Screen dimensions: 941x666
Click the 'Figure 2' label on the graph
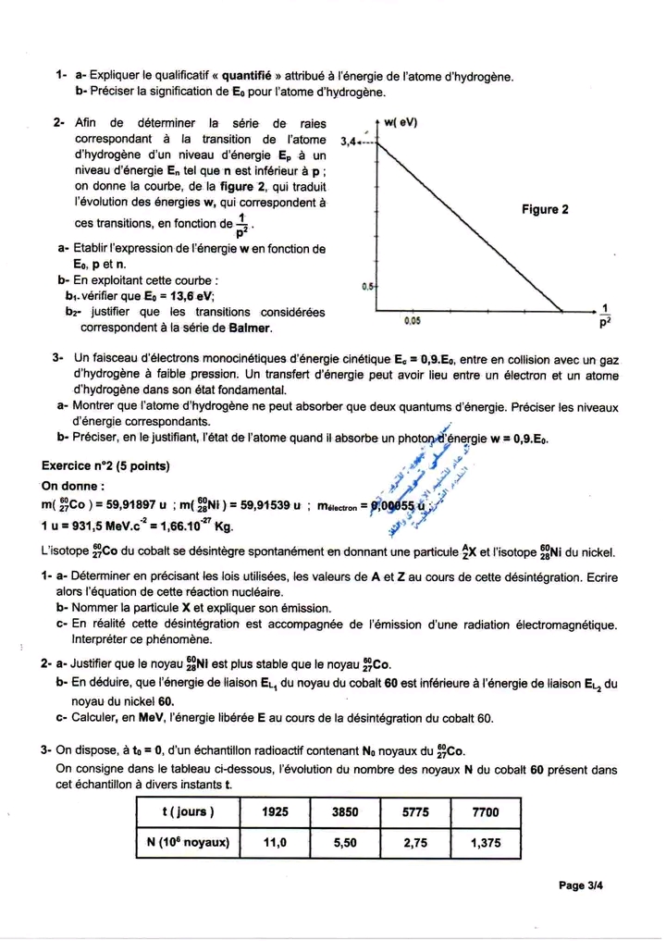[x=545, y=209]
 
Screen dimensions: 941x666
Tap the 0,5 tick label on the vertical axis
[x=367, y=286]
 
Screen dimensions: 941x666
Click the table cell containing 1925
[x=275, y=811]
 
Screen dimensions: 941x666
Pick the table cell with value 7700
[x=485, y=811]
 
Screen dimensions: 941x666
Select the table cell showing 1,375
[x=485, y=843]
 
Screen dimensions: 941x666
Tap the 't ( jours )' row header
[x=187, y=811]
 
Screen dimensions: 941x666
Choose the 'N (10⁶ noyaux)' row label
[x=187, y=843]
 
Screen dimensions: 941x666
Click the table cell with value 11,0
[x=275, y=843]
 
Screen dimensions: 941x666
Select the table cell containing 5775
[x=415, y=811]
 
